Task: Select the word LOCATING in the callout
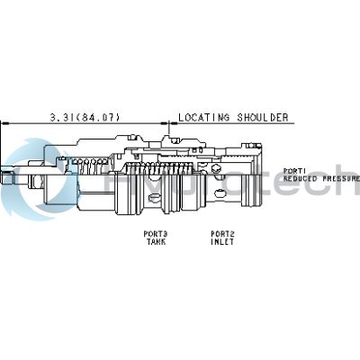point(202,117)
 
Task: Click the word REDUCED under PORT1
point(301,178)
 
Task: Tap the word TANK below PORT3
point(156,241)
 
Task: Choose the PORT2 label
point(223,234)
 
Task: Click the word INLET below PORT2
point(223,241)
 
